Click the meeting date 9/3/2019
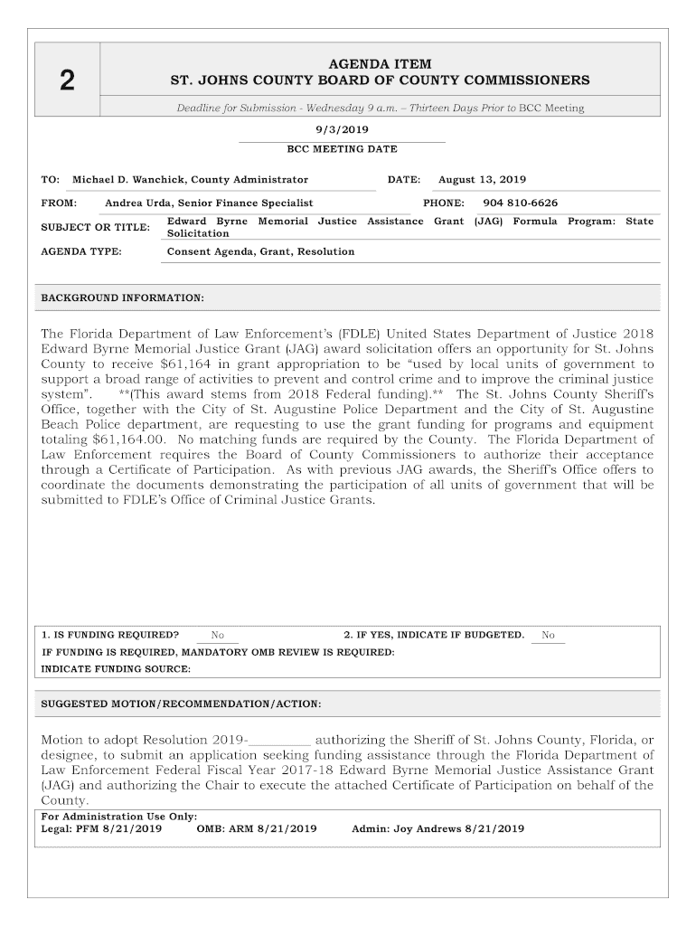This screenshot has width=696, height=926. coord(342,130)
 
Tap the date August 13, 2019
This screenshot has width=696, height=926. coord(482,180)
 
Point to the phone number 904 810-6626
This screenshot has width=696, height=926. coord(520,203)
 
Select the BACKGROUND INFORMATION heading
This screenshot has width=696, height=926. coord(123,298)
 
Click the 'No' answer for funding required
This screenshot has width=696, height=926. coord(217,635)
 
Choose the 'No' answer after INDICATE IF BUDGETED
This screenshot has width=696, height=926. coord(548,635)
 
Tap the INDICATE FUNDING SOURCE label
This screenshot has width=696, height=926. coord(117,669)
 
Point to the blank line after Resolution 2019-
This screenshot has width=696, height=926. coord(279,739)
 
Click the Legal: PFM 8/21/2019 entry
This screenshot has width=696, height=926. coord(101,828)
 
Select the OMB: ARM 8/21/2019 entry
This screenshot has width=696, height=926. coord(256,828)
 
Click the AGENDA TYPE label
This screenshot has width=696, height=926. coord(81,251)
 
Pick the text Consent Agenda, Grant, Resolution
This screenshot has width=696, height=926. coord(260,251)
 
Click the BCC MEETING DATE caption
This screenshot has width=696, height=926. coord(342,149)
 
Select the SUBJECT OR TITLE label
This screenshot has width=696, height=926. coord(95,227)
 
